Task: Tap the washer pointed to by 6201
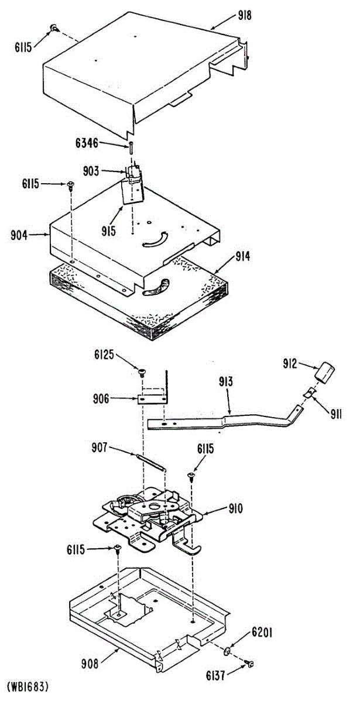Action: pos(226,651)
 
